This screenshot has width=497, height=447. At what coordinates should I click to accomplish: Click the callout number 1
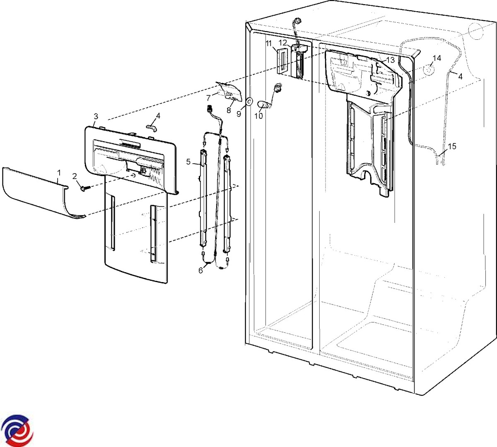click(59, 173)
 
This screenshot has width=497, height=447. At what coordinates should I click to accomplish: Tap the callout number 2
click(75, 176)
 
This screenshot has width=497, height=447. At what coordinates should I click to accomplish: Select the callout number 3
click(96, 116)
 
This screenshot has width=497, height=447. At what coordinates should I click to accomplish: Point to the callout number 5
click(188, 162)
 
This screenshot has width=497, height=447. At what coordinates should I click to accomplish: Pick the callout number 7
click(209, 98)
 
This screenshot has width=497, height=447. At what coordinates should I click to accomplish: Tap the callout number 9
click(239, 114)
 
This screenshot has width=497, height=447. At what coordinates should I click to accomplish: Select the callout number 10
click(259, 116)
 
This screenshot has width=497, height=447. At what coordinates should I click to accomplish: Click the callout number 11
click(269, 44)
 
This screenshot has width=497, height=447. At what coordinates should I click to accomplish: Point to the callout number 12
click(283, 43)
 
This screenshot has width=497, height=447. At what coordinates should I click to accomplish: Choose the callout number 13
click(390, 60)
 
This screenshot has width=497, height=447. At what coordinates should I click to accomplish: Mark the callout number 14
click(437, 58)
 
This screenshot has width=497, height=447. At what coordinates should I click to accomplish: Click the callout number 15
click(452, 146)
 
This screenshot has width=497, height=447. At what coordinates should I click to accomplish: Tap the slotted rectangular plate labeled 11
click(282, 61)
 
